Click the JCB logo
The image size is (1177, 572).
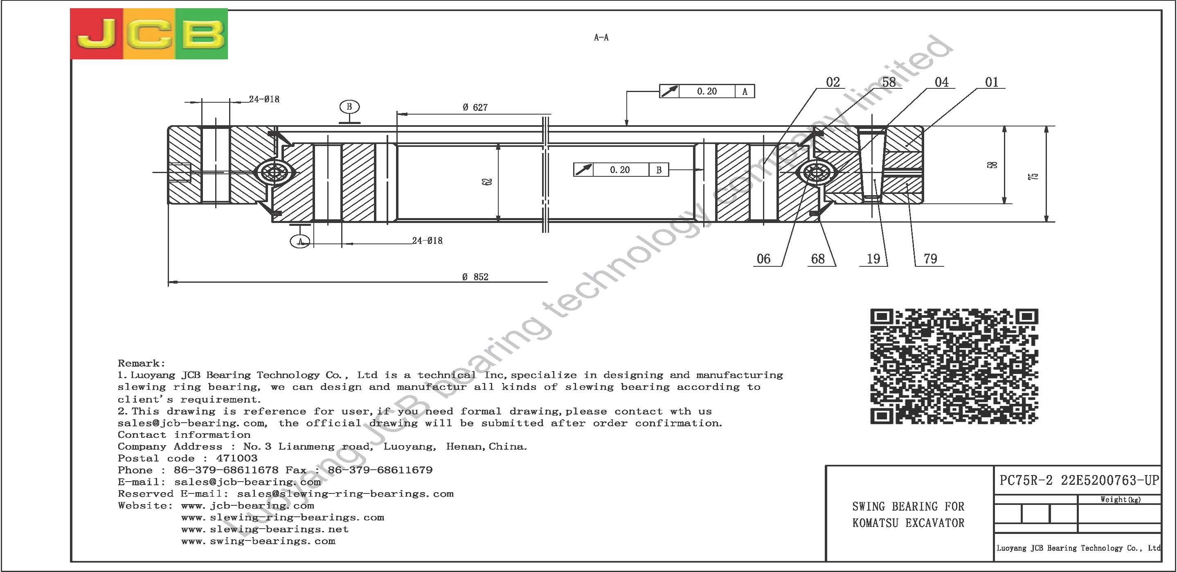click(x=149, y=34)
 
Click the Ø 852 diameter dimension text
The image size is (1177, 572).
click(x=475, y=277)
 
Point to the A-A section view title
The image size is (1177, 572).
click(x=601, y=38)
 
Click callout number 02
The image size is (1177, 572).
click(x=833, y=82)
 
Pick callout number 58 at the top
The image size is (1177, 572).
click(x=889, y=82)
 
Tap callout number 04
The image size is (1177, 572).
click(x=942, y=82)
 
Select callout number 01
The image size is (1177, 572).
click(x=992, y=82)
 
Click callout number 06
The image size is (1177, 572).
click(x=763, y=259)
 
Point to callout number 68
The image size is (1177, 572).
click(x=818, y=259)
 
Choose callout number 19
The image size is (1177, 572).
click(x=873, y=259)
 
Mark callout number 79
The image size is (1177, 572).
click(x=930, y=259)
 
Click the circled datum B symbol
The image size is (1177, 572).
click(x=349, y=107)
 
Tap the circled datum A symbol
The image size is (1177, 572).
click(x=300, y=241)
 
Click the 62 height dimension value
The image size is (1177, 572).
click(x=489, y=181)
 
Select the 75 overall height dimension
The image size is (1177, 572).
click(x=1033, y=176)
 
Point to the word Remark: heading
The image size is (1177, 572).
click(x=142, y=363)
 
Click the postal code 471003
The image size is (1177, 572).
click(x=237, y=458)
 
